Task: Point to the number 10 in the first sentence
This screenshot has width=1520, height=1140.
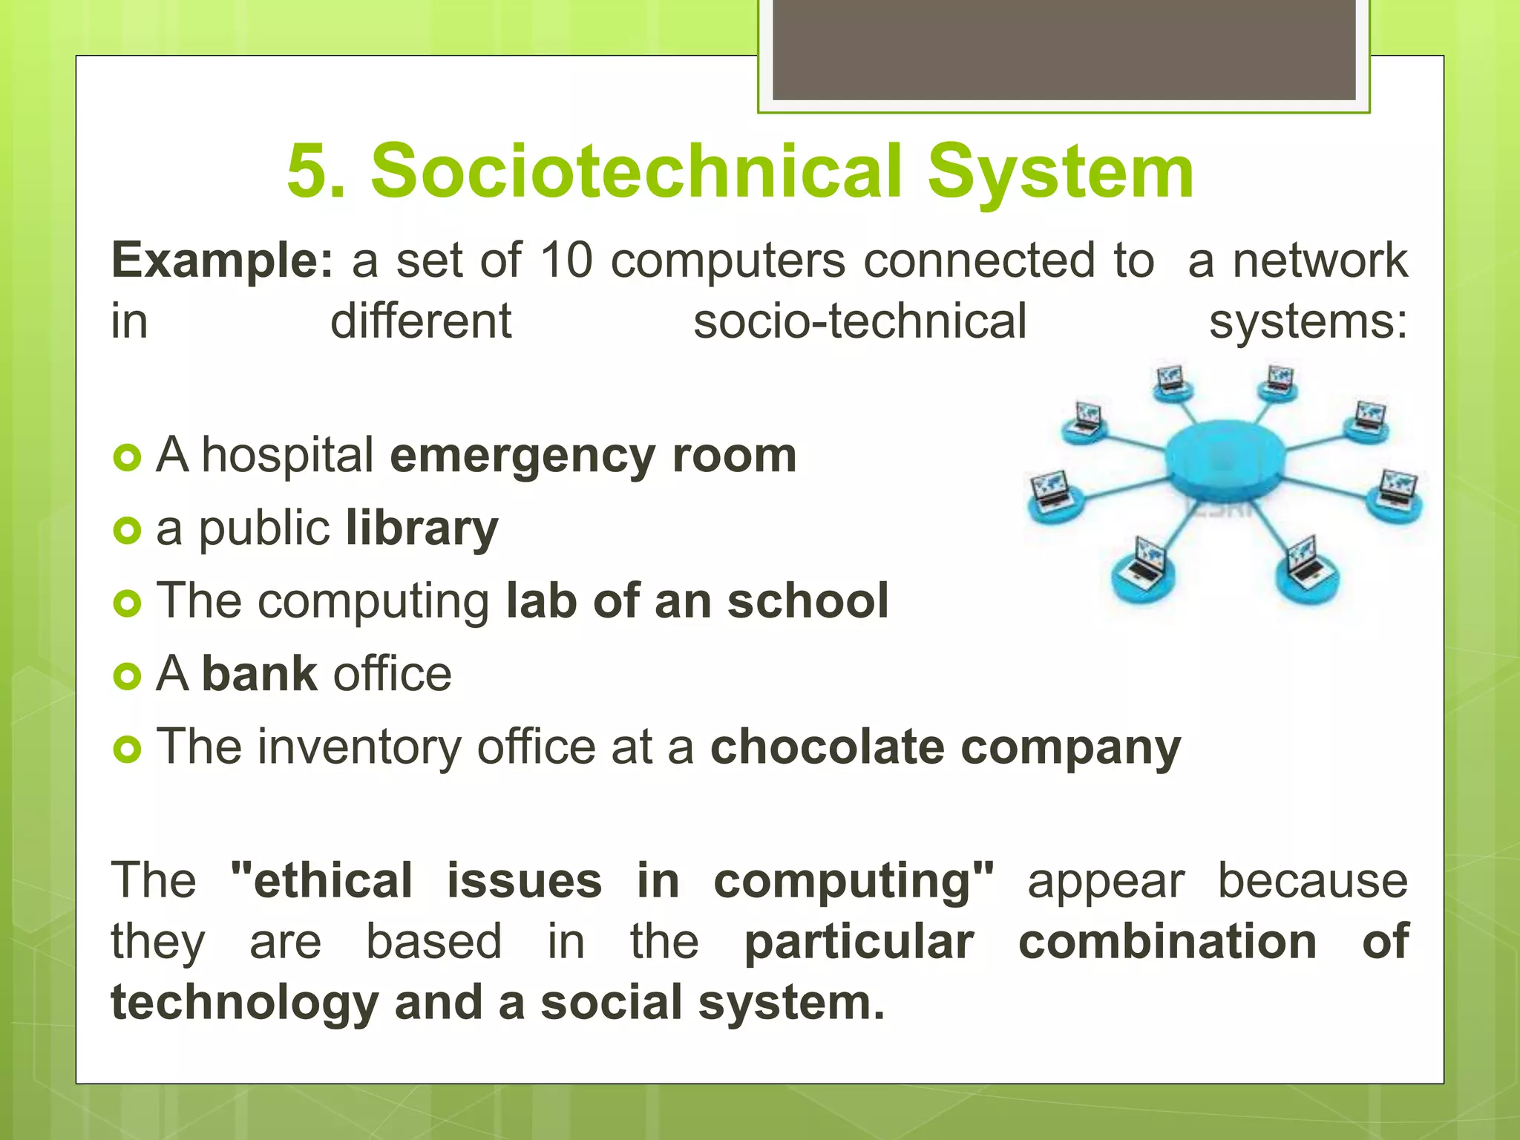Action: [x=566, y=261]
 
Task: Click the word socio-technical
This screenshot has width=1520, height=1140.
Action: [x=859, y=322]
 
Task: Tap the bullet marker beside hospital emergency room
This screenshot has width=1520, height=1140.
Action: [x=128, y=458]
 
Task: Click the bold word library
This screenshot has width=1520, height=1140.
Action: [x=422, y=529]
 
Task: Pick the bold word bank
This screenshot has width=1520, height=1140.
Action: [x=260, y=674]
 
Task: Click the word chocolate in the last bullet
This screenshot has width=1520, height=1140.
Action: [x=827, y=747]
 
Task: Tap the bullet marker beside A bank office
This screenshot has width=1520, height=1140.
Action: [x=128, y=676]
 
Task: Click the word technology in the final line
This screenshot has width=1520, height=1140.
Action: [x=245, y=1003]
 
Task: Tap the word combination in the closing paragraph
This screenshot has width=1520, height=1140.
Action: [x=1167, y=942]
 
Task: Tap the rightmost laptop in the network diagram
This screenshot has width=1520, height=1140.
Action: [x=1397, y=490]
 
